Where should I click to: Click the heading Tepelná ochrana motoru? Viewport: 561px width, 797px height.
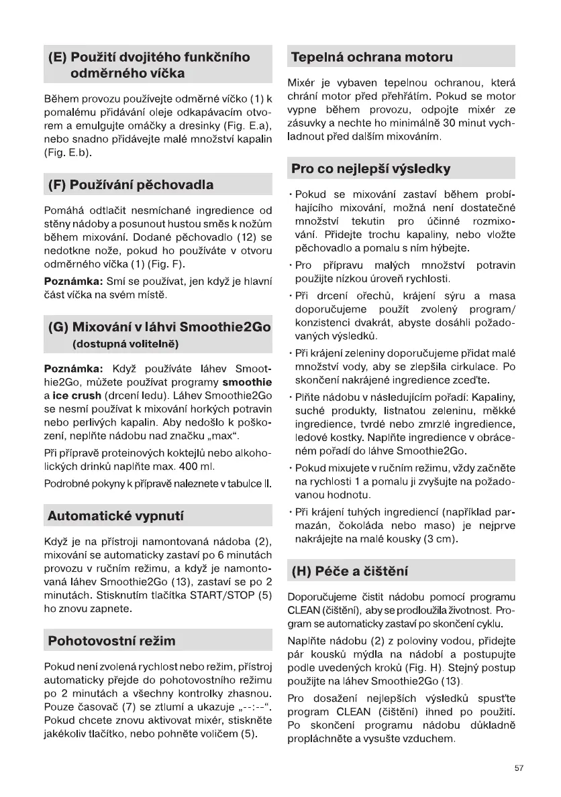coord(372,57)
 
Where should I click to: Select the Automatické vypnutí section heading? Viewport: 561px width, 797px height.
coord(115,516)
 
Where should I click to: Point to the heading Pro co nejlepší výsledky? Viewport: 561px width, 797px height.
coord(371,168)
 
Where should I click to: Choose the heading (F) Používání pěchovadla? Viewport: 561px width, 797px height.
coord(131,184)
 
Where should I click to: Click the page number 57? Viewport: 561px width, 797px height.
coord(519,768)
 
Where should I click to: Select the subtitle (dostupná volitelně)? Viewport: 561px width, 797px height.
coord(125,345)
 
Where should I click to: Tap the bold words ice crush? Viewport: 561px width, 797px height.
coord(78,395)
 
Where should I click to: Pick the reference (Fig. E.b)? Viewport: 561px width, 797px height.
coord(66,152)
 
